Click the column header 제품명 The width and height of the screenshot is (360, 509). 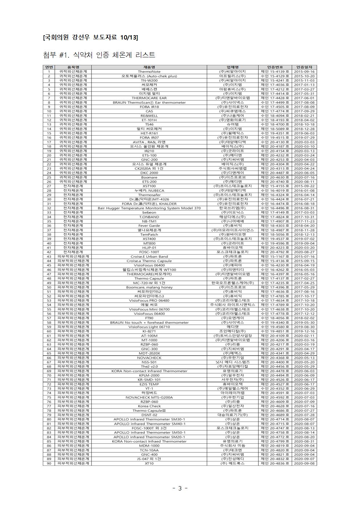point(149,67)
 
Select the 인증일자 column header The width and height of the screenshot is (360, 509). point(304,67)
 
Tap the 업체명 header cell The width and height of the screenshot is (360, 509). point(232,67)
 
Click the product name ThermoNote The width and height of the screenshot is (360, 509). point(149,71)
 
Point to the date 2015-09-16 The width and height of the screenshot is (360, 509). point(304,71)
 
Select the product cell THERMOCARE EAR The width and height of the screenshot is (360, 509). point(149,98)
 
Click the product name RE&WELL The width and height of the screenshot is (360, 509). point(149,115)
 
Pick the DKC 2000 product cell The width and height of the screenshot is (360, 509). point(149,173)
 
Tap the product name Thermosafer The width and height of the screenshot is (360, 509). point(149,195)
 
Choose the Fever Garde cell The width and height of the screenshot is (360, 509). point(149,226)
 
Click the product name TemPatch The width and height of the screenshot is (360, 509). point(149,234)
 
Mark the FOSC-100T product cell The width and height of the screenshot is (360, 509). point(149,252)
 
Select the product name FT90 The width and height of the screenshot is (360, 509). point(149,318)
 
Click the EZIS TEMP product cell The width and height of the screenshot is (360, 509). point(149,384)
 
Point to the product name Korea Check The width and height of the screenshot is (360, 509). point(149,406)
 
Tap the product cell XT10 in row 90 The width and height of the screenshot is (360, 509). point(149,463)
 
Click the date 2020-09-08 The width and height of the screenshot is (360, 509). point(304,463)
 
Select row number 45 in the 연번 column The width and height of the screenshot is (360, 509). point(49,265)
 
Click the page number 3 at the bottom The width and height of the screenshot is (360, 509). point(180,488)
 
